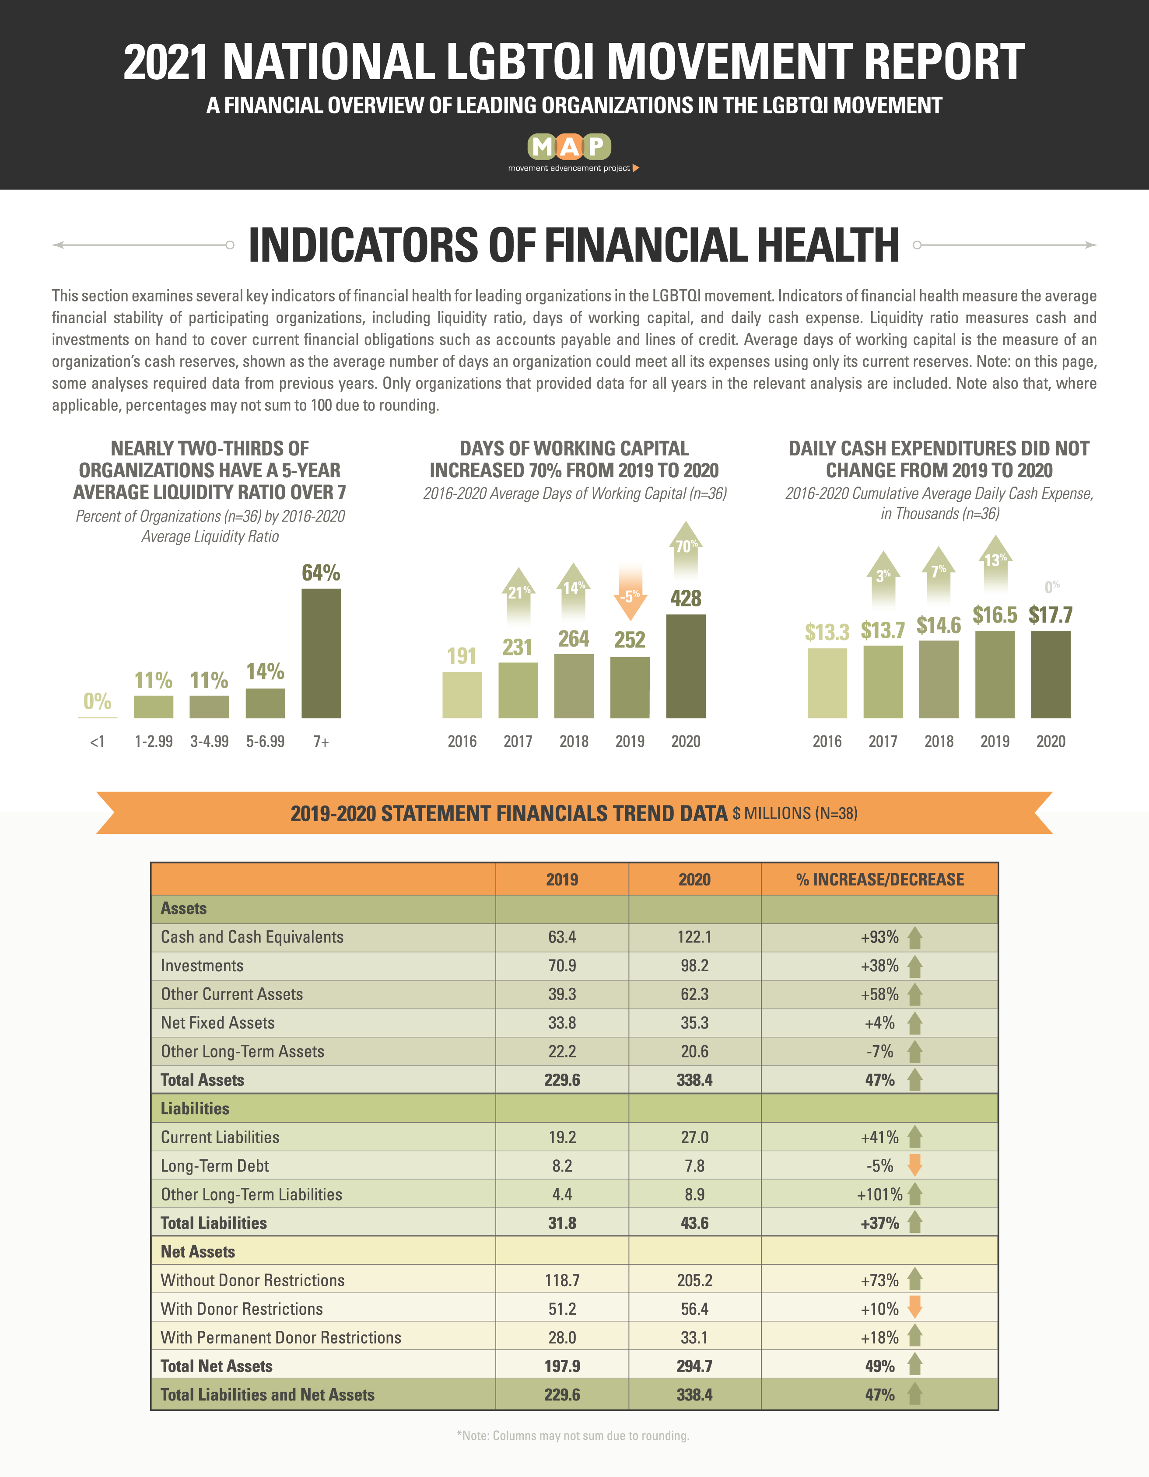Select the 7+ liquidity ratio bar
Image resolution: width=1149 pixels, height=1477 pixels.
(x=321, y=653)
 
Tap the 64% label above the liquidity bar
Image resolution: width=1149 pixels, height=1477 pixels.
(x=321, y=573)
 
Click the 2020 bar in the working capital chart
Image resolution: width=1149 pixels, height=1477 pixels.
(x=686, y=666)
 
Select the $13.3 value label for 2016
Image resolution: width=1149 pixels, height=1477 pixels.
(x=827, y=632)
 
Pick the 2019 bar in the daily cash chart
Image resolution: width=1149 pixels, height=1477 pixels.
(x=995, y=674)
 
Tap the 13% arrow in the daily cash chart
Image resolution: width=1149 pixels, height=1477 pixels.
(x=995, y=567)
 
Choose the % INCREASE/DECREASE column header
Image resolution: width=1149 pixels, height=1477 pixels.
(x=880, y=879)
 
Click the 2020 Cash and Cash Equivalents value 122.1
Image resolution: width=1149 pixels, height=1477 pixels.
(x=694, y=937)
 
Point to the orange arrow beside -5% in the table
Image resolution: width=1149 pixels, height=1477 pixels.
(x=915, y=1165)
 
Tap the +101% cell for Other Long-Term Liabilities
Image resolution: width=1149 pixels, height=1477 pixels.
(x=879, y=1194)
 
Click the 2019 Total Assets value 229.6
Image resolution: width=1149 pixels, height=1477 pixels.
(x=562, y=1080)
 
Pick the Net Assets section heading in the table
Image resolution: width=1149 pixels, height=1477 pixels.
(x=197, y=1252)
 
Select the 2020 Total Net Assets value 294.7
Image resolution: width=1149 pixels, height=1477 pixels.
(x=694, y=1366)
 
